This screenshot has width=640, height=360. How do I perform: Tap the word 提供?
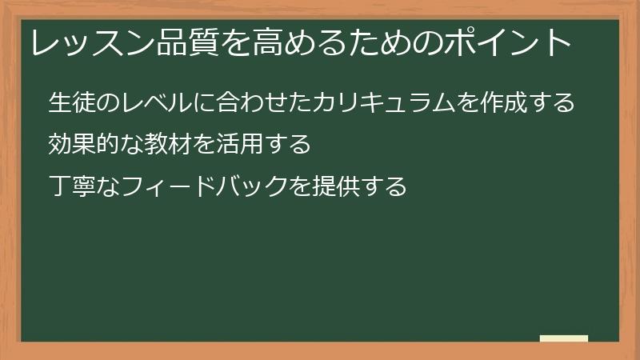[335, 187]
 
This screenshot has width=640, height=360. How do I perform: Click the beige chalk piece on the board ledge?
[563, 338]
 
